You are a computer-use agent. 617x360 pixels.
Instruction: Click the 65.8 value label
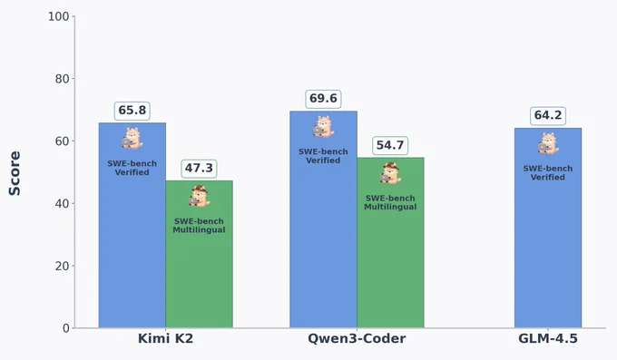click(x=132, y=111)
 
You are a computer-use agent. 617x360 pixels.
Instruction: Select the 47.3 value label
click(x=199, y=169)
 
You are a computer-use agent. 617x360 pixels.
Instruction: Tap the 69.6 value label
click(x=323, y=99)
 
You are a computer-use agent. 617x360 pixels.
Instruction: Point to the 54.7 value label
click(x=390, y=146)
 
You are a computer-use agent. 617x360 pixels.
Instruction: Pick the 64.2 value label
click(x=548, y=116)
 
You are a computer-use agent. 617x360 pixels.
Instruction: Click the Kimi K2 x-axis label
click(x=166, y=339)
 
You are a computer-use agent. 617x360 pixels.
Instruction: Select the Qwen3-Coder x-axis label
click(x=357, y=339)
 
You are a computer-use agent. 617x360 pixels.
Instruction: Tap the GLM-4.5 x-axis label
click(x=548, y=339)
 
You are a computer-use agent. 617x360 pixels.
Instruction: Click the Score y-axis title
click(x=15, y=173)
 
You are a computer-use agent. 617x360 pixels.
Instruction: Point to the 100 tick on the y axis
click(x=59, y=17)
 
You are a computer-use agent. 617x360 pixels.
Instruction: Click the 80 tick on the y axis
click(x=63, y=79)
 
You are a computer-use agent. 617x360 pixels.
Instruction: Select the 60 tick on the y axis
click(x=63, y=141)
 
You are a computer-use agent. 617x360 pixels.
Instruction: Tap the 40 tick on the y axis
click(x=63, y=204)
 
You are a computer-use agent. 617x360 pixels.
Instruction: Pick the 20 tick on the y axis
click(x=63, y=266)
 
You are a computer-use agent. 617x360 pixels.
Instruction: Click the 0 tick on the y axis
click(x=66, y=328)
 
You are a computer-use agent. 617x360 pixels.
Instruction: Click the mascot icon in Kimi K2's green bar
click(x=199, y=196)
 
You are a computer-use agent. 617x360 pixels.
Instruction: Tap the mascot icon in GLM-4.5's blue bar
click(x=548, y=143)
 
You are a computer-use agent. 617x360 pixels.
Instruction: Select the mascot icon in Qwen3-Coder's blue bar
click(x=323, y=126)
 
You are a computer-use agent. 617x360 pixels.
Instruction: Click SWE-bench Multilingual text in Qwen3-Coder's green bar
click(x=390, y=202)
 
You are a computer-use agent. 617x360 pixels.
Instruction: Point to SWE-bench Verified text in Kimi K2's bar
click(x=132, y=168)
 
